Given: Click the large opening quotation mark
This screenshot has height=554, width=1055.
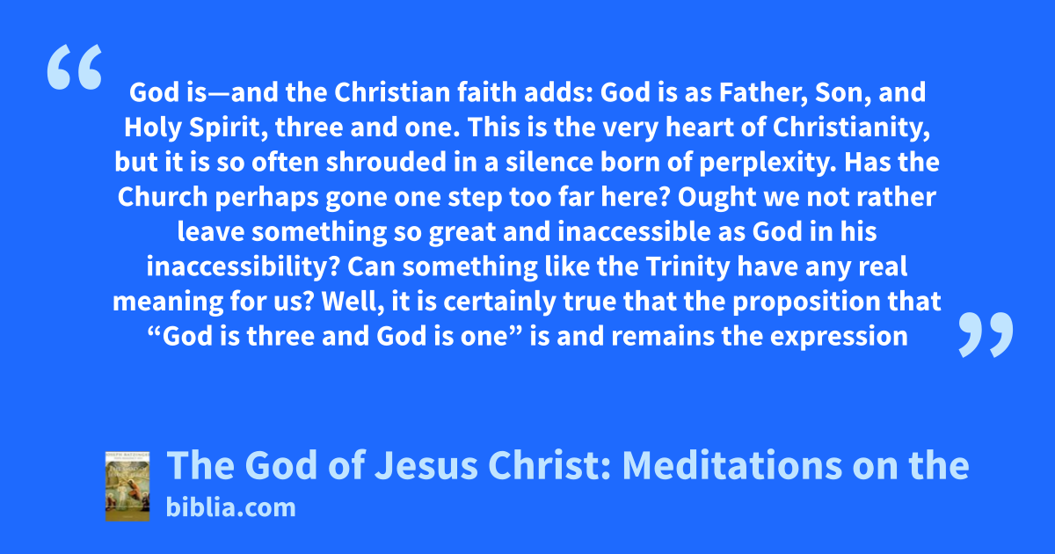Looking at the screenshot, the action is (75, 67).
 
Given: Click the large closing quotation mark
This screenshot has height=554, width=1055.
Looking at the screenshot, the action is (986, 334).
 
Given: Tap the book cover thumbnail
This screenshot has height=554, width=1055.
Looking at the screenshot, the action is (127, 485).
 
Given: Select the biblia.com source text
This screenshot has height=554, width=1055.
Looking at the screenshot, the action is (230, 507).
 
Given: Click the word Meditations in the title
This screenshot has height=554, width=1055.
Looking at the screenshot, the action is (731, 465).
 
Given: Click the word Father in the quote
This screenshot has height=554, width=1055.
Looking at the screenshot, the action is (763, 92).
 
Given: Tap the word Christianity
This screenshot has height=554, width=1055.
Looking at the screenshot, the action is (851, 128).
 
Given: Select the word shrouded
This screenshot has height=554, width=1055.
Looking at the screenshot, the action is (386, 162).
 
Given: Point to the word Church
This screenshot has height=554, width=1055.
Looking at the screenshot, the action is (163, 197).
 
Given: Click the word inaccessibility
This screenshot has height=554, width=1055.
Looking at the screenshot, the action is (243, 267).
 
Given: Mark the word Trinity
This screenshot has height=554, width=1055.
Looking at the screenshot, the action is (688, 267).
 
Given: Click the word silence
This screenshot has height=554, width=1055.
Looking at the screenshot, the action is (549, 162).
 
